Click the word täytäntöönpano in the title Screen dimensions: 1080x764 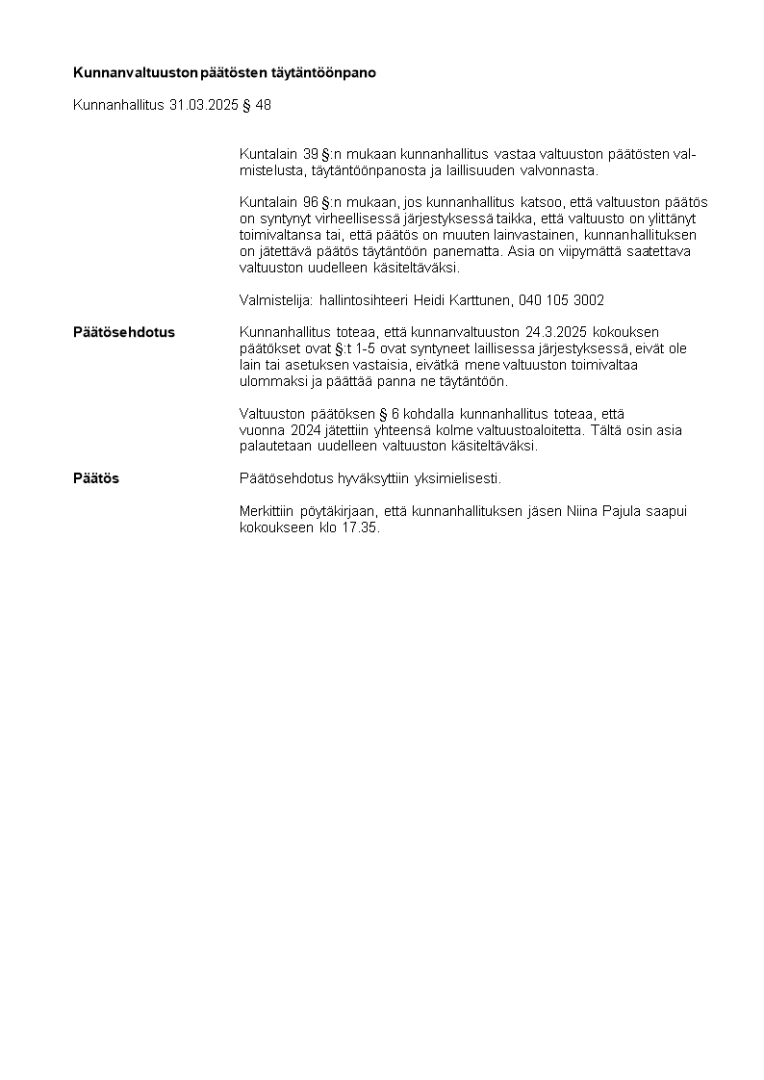(329, 72)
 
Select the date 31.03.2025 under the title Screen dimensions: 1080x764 (203, 105)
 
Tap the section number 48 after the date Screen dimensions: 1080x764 (263, 105)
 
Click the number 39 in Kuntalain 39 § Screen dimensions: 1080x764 (311, 154)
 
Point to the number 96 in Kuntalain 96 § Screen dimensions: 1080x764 (311, 202)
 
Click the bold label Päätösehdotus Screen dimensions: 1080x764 (124, 332)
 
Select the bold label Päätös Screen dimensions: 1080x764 (96, 478)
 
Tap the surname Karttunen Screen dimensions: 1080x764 (475, 300)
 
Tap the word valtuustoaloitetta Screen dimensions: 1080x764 (527, 430)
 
